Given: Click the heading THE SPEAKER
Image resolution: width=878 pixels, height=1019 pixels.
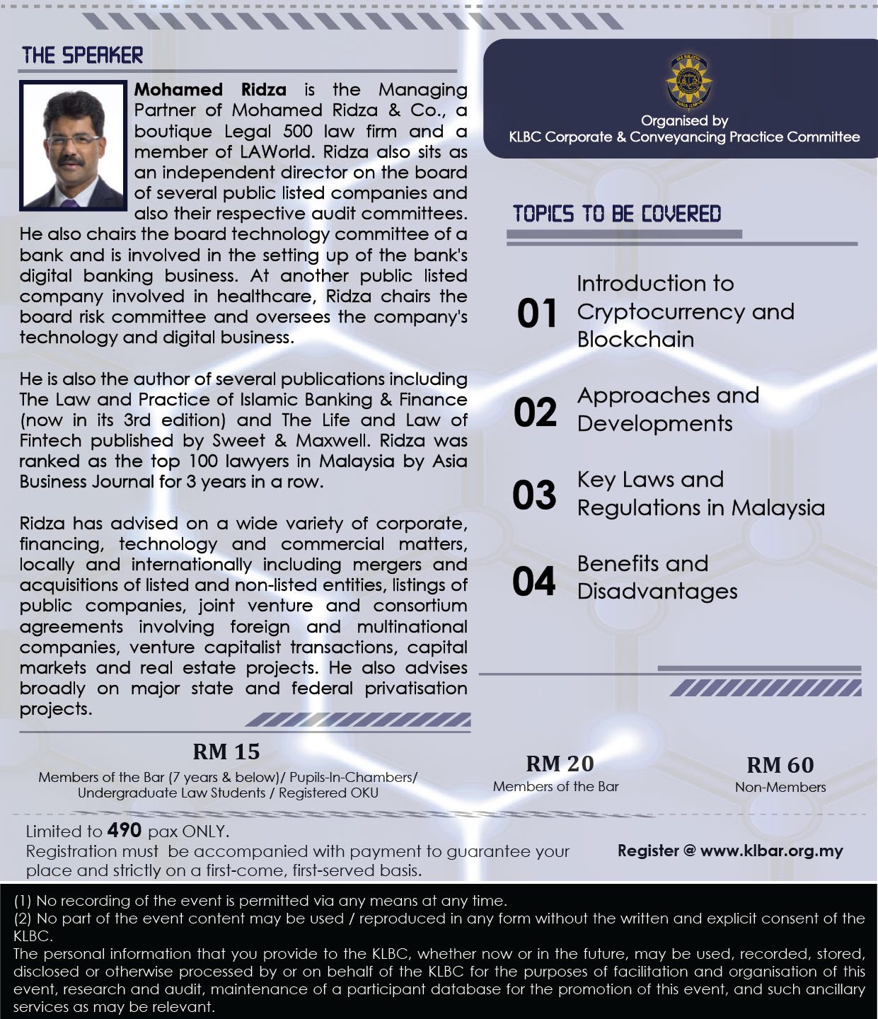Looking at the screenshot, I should pyautogui.click(x=82, y=55).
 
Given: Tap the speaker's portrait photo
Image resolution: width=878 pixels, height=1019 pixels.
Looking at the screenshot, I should pyautogui.click(x=73, y=146).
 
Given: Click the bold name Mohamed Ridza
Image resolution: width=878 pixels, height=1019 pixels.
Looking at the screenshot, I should pyautogui.click(x=210, y=90).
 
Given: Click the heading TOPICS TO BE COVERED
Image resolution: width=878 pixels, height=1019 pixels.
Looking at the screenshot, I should pyautogui.click(x=617, y=214).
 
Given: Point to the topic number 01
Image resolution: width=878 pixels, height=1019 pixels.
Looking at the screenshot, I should pyautogui.click(x=537, y=313).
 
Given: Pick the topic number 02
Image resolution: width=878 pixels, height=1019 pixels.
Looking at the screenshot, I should pyautogui.click(x=536, y=412).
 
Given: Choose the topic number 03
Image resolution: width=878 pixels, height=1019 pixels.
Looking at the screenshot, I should pyautogui.click(x=535, y=495).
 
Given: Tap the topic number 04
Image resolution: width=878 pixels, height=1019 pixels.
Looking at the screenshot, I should pyautogui.click(x=534, y=581).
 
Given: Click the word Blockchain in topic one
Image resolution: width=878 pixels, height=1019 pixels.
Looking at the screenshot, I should pyautogui.click(x=635, y=340).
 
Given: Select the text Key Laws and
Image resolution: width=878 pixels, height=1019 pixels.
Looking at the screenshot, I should pyautogui.click(x=650, y=480).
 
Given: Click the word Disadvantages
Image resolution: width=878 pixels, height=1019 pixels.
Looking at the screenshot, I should pyautogui.click(x=657, y=592).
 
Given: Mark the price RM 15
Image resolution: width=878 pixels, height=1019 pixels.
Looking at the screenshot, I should pyautogui.click(x=226, y=752).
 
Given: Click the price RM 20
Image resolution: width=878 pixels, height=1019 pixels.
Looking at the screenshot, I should pyautogui.click(x=560, y=764).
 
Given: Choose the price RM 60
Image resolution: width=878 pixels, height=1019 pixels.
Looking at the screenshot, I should pyautogui.click(x=780, y=765).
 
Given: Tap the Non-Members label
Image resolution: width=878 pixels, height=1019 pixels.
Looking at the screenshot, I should pyautogui.click(x=780, y=787).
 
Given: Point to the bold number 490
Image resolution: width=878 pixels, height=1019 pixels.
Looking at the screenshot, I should pyautogui.click(x=125, y=830).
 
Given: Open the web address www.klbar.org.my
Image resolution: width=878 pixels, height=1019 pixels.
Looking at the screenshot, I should pyautogui.click(x=771, y=851).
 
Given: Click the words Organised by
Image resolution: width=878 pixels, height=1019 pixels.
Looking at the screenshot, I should pyautogui.click(x=684, y=120).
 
